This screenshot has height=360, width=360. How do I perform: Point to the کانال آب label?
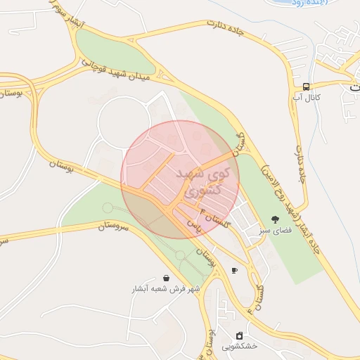pyautogui.click(x=307, y=97)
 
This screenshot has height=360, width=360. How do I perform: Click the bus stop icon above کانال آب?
pyautogui.click(x=307, y=86)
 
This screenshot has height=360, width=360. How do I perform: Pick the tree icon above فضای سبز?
pyautogui.click(x=274, y=219)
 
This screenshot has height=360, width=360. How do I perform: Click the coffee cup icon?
pyautogui.click(x=234, y=270)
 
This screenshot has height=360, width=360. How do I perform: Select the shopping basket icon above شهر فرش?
pyautogui.click(x=165, y=278)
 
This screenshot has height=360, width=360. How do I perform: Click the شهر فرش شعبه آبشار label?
pyautogui.click(x=166, y=289)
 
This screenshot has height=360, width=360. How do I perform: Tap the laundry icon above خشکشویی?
pyautogui.click(x=240, y=335)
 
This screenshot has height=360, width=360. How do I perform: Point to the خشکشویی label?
pyautogui.click(x=240, y=346)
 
